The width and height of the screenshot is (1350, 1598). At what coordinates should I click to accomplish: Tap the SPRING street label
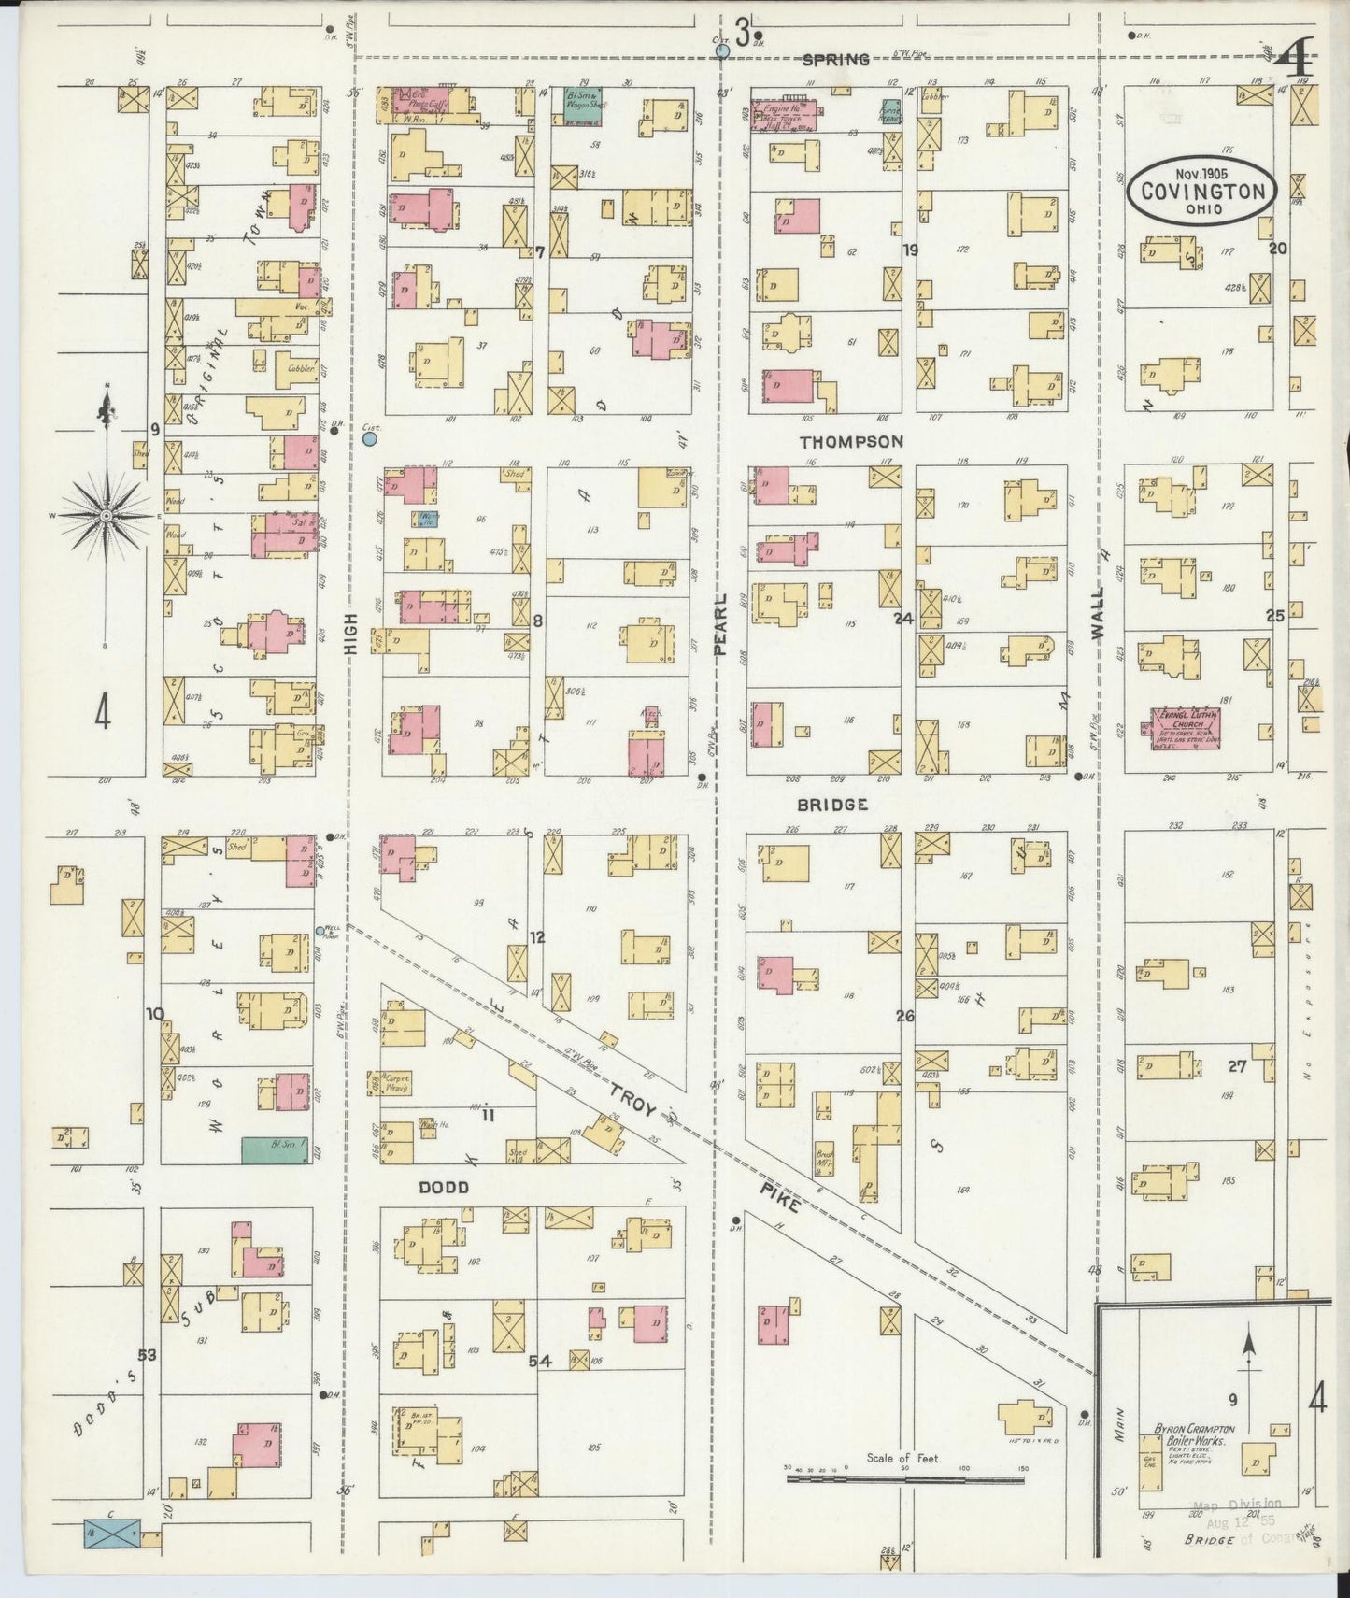point(836,60)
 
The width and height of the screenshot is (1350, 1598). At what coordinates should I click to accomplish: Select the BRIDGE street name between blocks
point(832,805)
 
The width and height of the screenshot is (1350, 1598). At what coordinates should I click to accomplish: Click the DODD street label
point(443,1188)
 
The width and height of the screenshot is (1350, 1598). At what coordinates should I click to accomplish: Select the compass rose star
point(107,515)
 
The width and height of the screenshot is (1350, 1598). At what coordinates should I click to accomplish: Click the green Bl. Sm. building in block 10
point(275,1150)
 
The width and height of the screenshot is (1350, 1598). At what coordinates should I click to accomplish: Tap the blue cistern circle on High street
point(370,437)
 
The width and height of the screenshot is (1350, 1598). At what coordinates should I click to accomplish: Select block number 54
point(540,1362)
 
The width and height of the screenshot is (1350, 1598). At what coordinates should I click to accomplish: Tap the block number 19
point(910,250)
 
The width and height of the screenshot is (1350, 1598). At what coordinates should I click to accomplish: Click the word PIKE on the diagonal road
point(775,1195)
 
